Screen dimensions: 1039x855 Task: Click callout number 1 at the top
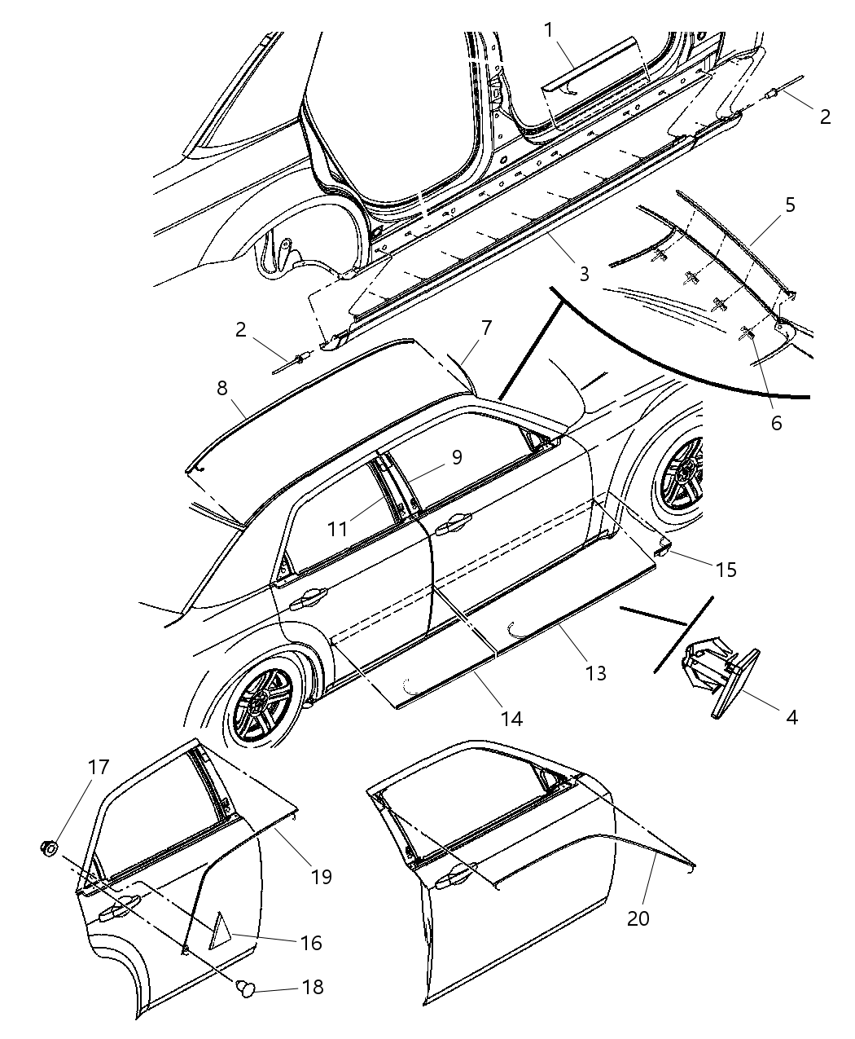coord(550,29)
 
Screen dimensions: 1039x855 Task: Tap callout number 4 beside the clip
coord(791,717)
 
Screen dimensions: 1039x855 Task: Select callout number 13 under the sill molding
coord(596,673)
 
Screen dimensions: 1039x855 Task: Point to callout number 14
coord(511,718)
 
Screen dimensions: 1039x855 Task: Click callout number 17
coord(99,767)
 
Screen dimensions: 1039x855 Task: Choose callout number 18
coord(312,987)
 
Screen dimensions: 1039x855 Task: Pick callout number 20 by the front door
coord(638,918)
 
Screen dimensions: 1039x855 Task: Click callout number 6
coord(775,423)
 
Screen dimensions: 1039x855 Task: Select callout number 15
coord(725,569)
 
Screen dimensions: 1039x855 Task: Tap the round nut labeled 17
coord(50,848)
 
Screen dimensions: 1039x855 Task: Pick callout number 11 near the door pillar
coord(338,529)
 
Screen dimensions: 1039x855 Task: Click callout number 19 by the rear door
coord(321,875)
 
